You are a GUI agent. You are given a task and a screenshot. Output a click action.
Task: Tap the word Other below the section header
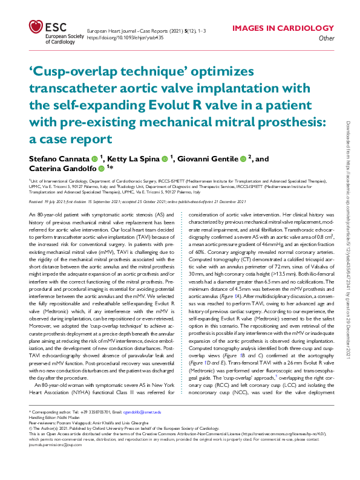(326, 38)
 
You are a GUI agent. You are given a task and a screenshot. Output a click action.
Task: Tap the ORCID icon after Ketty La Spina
(165, 159)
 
